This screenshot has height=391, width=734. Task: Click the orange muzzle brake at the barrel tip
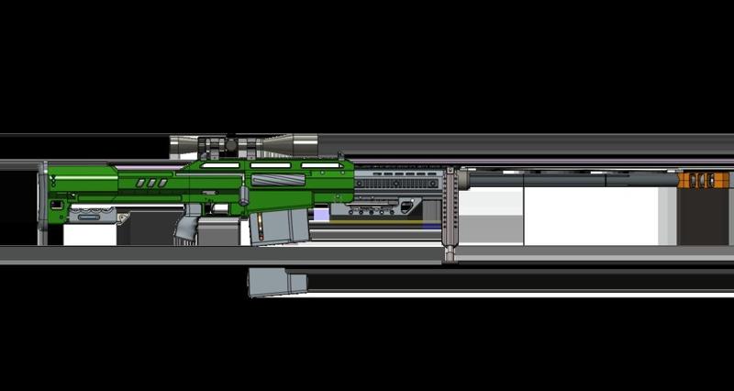[x=699, y=180]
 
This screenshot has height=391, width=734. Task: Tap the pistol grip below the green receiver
[x=187, y=223]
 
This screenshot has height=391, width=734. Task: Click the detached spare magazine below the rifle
[x=276, y=282]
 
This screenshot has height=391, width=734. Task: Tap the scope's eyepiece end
[x=181, y=145]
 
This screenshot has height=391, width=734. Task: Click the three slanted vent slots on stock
[x=151, y=183]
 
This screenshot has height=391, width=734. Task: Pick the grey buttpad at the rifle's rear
[x=42, y=202]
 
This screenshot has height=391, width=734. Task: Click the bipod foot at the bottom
[x=450, y=252]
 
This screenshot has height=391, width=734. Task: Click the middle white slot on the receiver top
[x=270, y=166]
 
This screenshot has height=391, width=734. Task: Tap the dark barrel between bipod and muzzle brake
[x=569, y=181]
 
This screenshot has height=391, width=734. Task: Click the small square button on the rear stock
[x=57, y=204]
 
